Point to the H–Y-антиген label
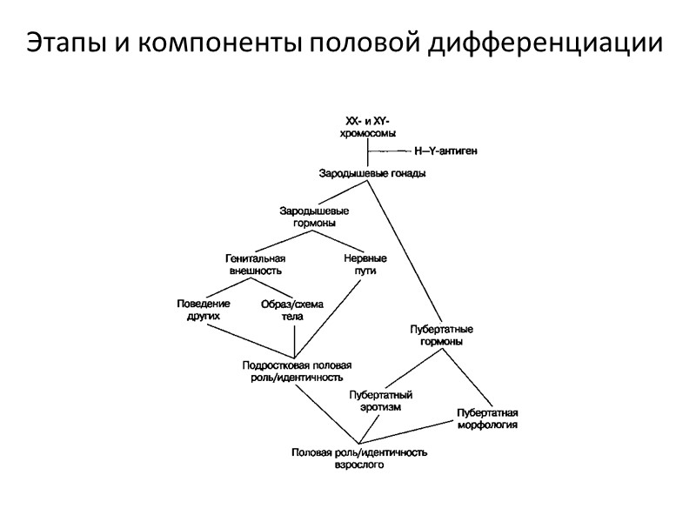[445, 151]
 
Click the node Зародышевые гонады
[371, 173]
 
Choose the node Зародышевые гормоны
[314, 217]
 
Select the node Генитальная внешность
[256, 264]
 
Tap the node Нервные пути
[365, 264]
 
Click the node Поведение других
[203, 310]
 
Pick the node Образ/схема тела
[291, 310]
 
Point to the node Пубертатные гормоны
[441, 335]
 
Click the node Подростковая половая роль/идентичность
[296, 371]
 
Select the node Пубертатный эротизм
[380, 401]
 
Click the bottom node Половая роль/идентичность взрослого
[359, 458]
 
